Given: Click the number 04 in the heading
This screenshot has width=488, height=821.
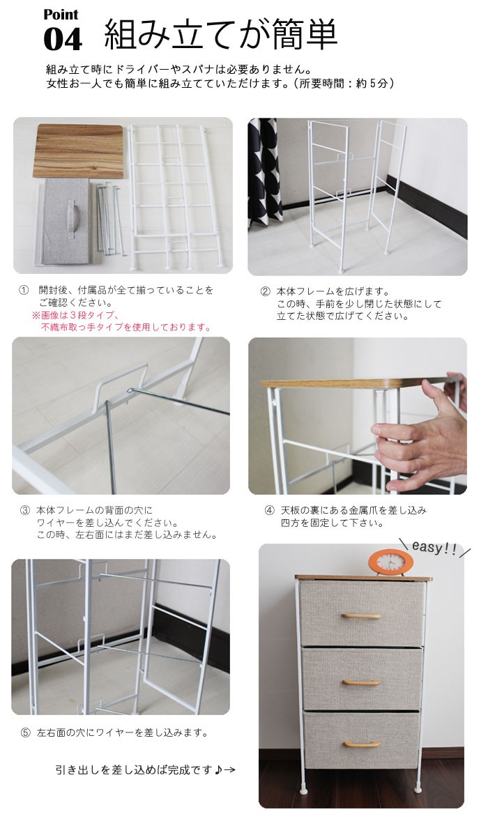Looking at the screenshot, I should pos(63,39).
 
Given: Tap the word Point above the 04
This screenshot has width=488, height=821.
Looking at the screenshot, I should pos(61,15).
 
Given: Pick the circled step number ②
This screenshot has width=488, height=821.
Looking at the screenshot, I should pos(265,291).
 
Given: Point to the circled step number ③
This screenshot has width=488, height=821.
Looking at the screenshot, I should pos(24,510).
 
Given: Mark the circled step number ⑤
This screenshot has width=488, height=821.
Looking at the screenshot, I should pos(24,732).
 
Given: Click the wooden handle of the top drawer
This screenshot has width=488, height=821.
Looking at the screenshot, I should pos(361,616).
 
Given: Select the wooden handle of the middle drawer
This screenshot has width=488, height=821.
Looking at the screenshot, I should pos(361,682).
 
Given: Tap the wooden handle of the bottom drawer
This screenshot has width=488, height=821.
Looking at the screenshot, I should pos(361,744).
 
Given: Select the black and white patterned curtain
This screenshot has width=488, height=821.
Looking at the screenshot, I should pos(262,167).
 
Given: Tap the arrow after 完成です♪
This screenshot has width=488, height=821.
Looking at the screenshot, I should pos(230,770).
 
